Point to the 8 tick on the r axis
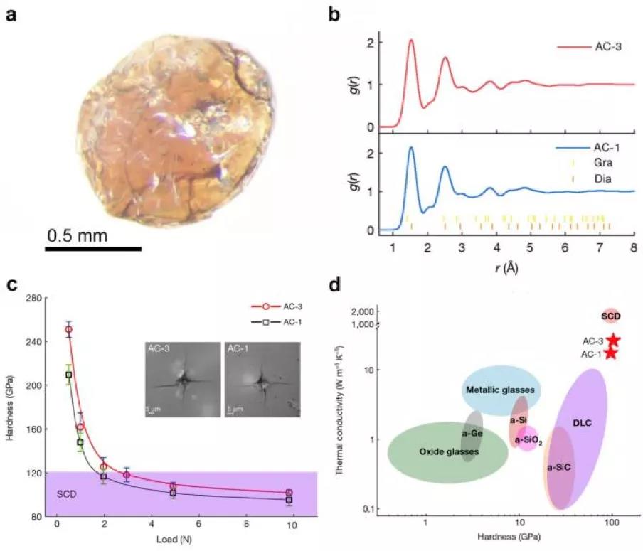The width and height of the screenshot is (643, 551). click(633, 247)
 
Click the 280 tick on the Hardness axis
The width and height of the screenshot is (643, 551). click(34, 297)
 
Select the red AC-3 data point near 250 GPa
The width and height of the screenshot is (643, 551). click(68, 330)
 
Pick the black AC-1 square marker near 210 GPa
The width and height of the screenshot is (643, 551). click(69, 375)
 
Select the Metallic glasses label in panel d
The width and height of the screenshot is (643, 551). click(501, 390)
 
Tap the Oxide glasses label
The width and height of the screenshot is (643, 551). click(448, 451)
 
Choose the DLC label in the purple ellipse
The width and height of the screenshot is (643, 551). click(582, 423)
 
